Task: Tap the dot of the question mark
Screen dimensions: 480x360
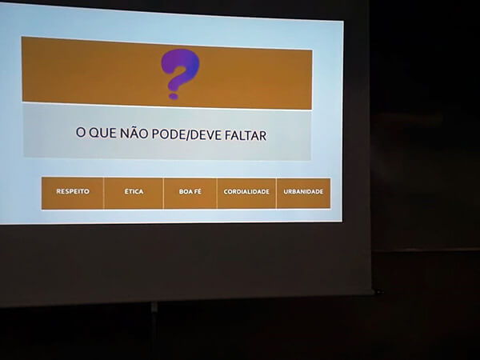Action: [x=174, y=97]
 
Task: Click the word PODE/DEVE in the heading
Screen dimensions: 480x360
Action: [x=186, y=134]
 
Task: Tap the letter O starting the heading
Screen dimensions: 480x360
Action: [x=80, y=132]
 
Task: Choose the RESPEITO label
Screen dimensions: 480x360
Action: [x=73, y=191]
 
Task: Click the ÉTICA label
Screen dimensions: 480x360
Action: [x=134, y=191]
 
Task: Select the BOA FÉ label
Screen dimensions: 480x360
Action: [x=190, y=192]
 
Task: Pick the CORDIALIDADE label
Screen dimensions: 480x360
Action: [x=246, y=192]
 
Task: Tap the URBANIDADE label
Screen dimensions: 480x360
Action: [x=303, y=192]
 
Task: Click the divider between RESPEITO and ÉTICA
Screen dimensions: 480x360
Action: [x=104, y=193]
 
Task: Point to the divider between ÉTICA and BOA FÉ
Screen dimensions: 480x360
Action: [x=163, y=194]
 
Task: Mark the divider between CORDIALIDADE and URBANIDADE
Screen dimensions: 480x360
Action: [x=276, y=194]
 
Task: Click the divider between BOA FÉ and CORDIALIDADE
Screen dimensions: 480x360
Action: [x=217, y=194]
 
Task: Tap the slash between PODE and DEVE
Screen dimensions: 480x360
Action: [x=187, y=135]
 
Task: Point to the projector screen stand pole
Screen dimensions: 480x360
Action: [x=154, y=330]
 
